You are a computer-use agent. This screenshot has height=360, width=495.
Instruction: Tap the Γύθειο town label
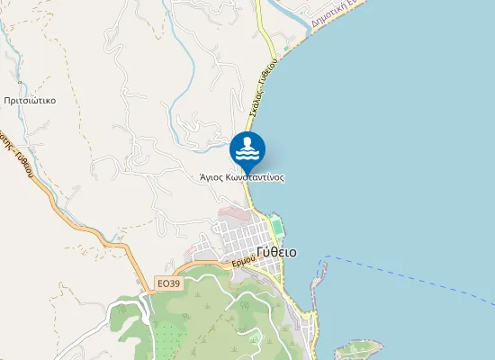tap(275, 252)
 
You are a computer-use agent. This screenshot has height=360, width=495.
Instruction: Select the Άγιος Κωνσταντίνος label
tap(242, 177)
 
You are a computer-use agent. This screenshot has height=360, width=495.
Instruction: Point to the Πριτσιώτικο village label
tap(29, 101)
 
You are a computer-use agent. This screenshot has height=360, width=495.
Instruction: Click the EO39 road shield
tap(168, 283)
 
